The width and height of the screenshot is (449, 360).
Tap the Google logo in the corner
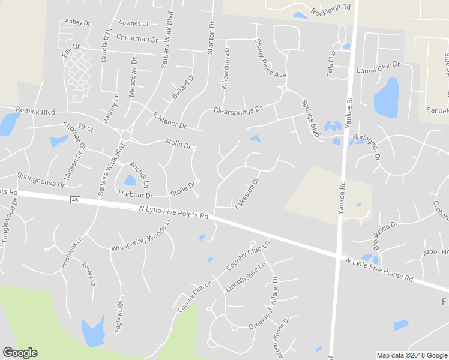click(x=20, y=353)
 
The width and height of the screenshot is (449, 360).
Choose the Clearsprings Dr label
click(x=238, y=110)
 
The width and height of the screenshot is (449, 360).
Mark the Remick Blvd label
click(x=35, y=112)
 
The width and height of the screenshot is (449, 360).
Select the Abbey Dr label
click(x=77, y=22)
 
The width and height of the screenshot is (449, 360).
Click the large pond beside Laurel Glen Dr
click(x=387, y=97)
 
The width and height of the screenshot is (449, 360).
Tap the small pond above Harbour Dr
click(x=129, y=180)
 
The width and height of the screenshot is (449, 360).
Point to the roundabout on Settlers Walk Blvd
click(x=126, y=136)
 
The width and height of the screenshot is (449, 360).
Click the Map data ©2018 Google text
click(x=411, y=355)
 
